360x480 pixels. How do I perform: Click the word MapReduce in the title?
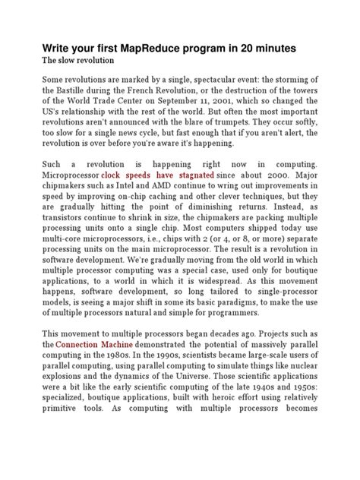166,48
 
